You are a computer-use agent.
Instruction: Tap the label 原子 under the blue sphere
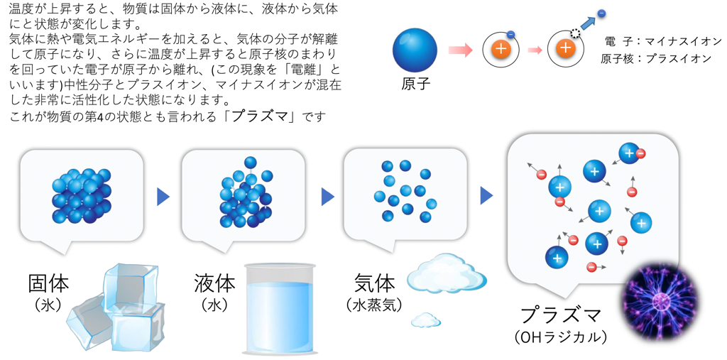pos(416,84)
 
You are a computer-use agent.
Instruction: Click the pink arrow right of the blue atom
pos(461,50)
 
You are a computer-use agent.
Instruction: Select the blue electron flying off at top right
pos(601,13)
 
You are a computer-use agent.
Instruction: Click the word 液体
pos(214,283)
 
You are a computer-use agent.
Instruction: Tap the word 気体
pos(374,283)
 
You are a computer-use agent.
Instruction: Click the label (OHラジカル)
pos(561,337)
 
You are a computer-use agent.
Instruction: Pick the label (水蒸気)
pos(374,305)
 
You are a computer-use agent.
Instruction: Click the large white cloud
pos(447,273)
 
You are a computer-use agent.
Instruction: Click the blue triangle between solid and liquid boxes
pos(163,197)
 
